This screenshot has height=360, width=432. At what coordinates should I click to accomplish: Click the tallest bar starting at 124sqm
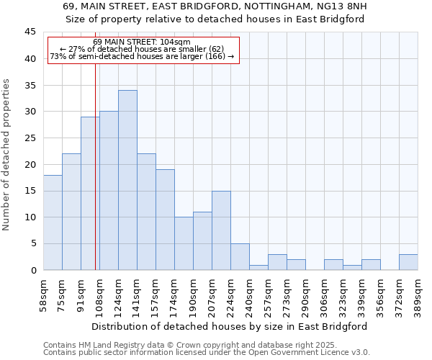point(127,180)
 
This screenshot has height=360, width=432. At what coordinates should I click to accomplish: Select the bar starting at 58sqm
point(53,222)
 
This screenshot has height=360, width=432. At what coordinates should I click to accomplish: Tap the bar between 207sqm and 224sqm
point(221,230)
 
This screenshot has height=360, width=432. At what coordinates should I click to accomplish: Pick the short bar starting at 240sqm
point(258,267)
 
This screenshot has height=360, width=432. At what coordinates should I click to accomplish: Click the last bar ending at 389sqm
point(408,262)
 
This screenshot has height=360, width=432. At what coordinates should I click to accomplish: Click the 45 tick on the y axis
point(30,32)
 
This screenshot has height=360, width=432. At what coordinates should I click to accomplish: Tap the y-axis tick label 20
point(30,164)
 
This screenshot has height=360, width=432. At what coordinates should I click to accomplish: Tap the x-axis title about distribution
point(229,326)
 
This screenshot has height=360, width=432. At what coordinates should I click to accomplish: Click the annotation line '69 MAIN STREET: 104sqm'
point(142,42)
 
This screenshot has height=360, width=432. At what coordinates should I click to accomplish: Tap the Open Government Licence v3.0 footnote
point(207,353)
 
